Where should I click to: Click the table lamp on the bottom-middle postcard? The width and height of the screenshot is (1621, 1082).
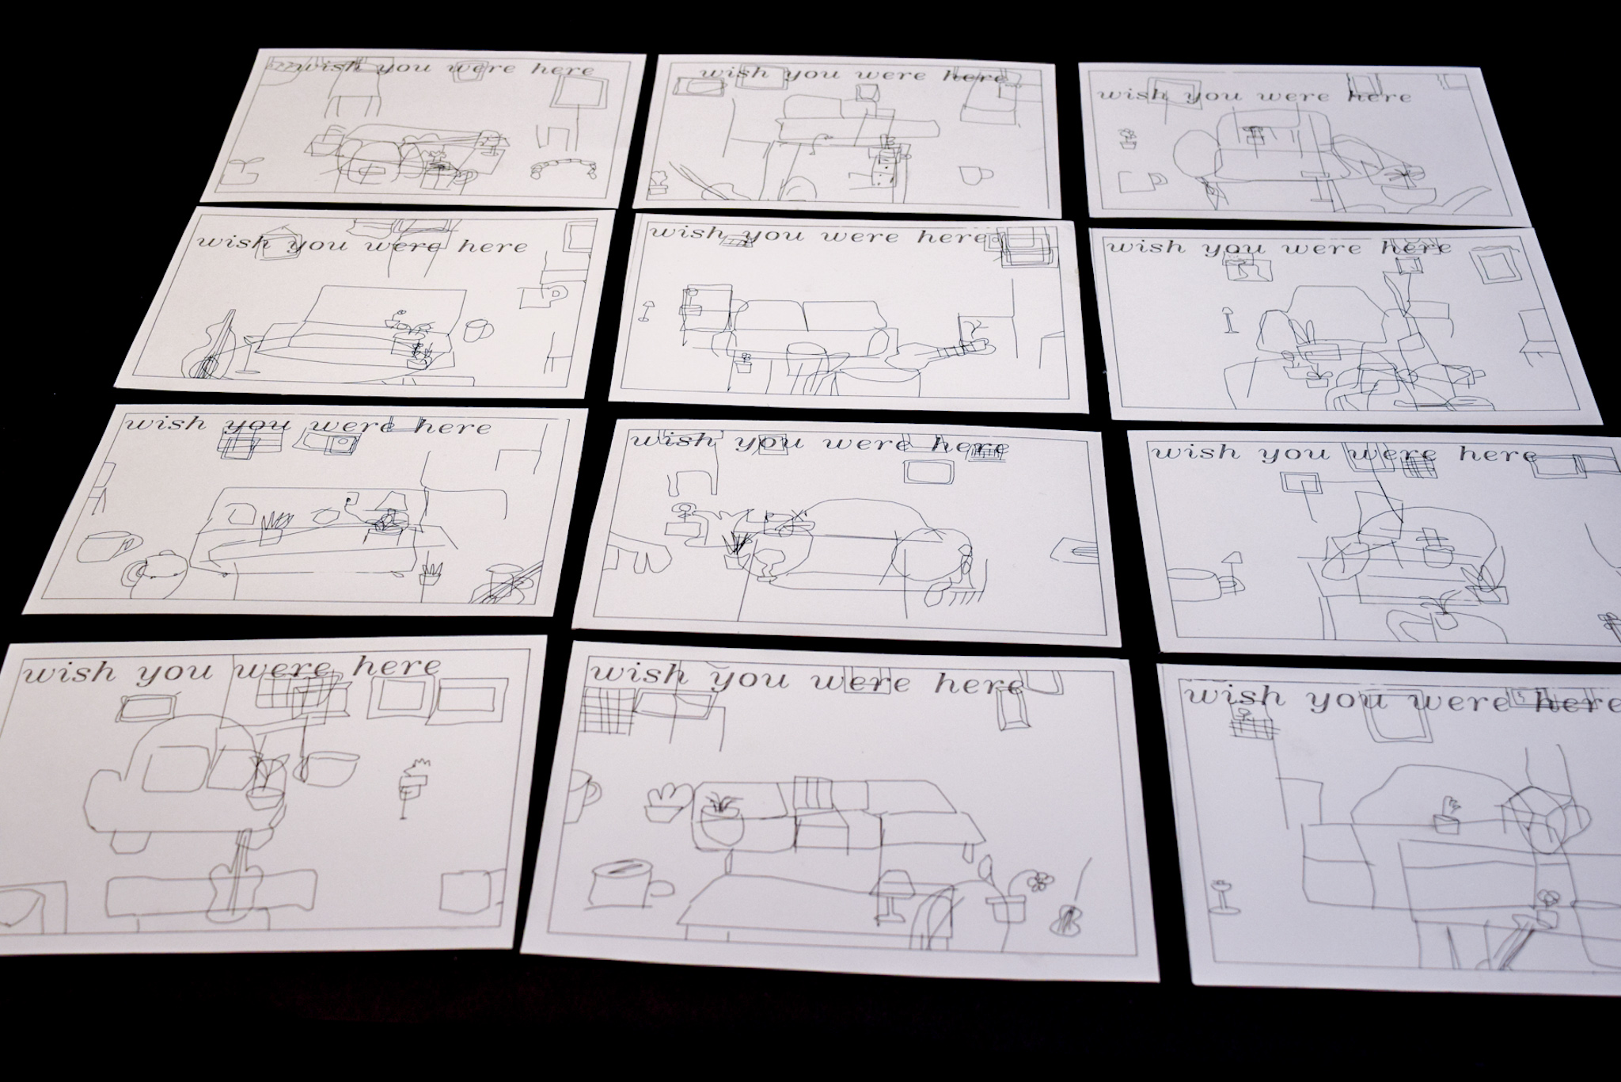(x=894, y=896)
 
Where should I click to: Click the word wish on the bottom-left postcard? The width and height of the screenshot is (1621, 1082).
(x=70, y=675)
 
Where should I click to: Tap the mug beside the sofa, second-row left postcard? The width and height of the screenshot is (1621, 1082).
(x=477, y=329)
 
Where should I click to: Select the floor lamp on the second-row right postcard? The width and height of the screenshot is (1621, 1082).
(x=1228, y=318)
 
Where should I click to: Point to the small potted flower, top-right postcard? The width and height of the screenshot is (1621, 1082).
(x=1128, y=139)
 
